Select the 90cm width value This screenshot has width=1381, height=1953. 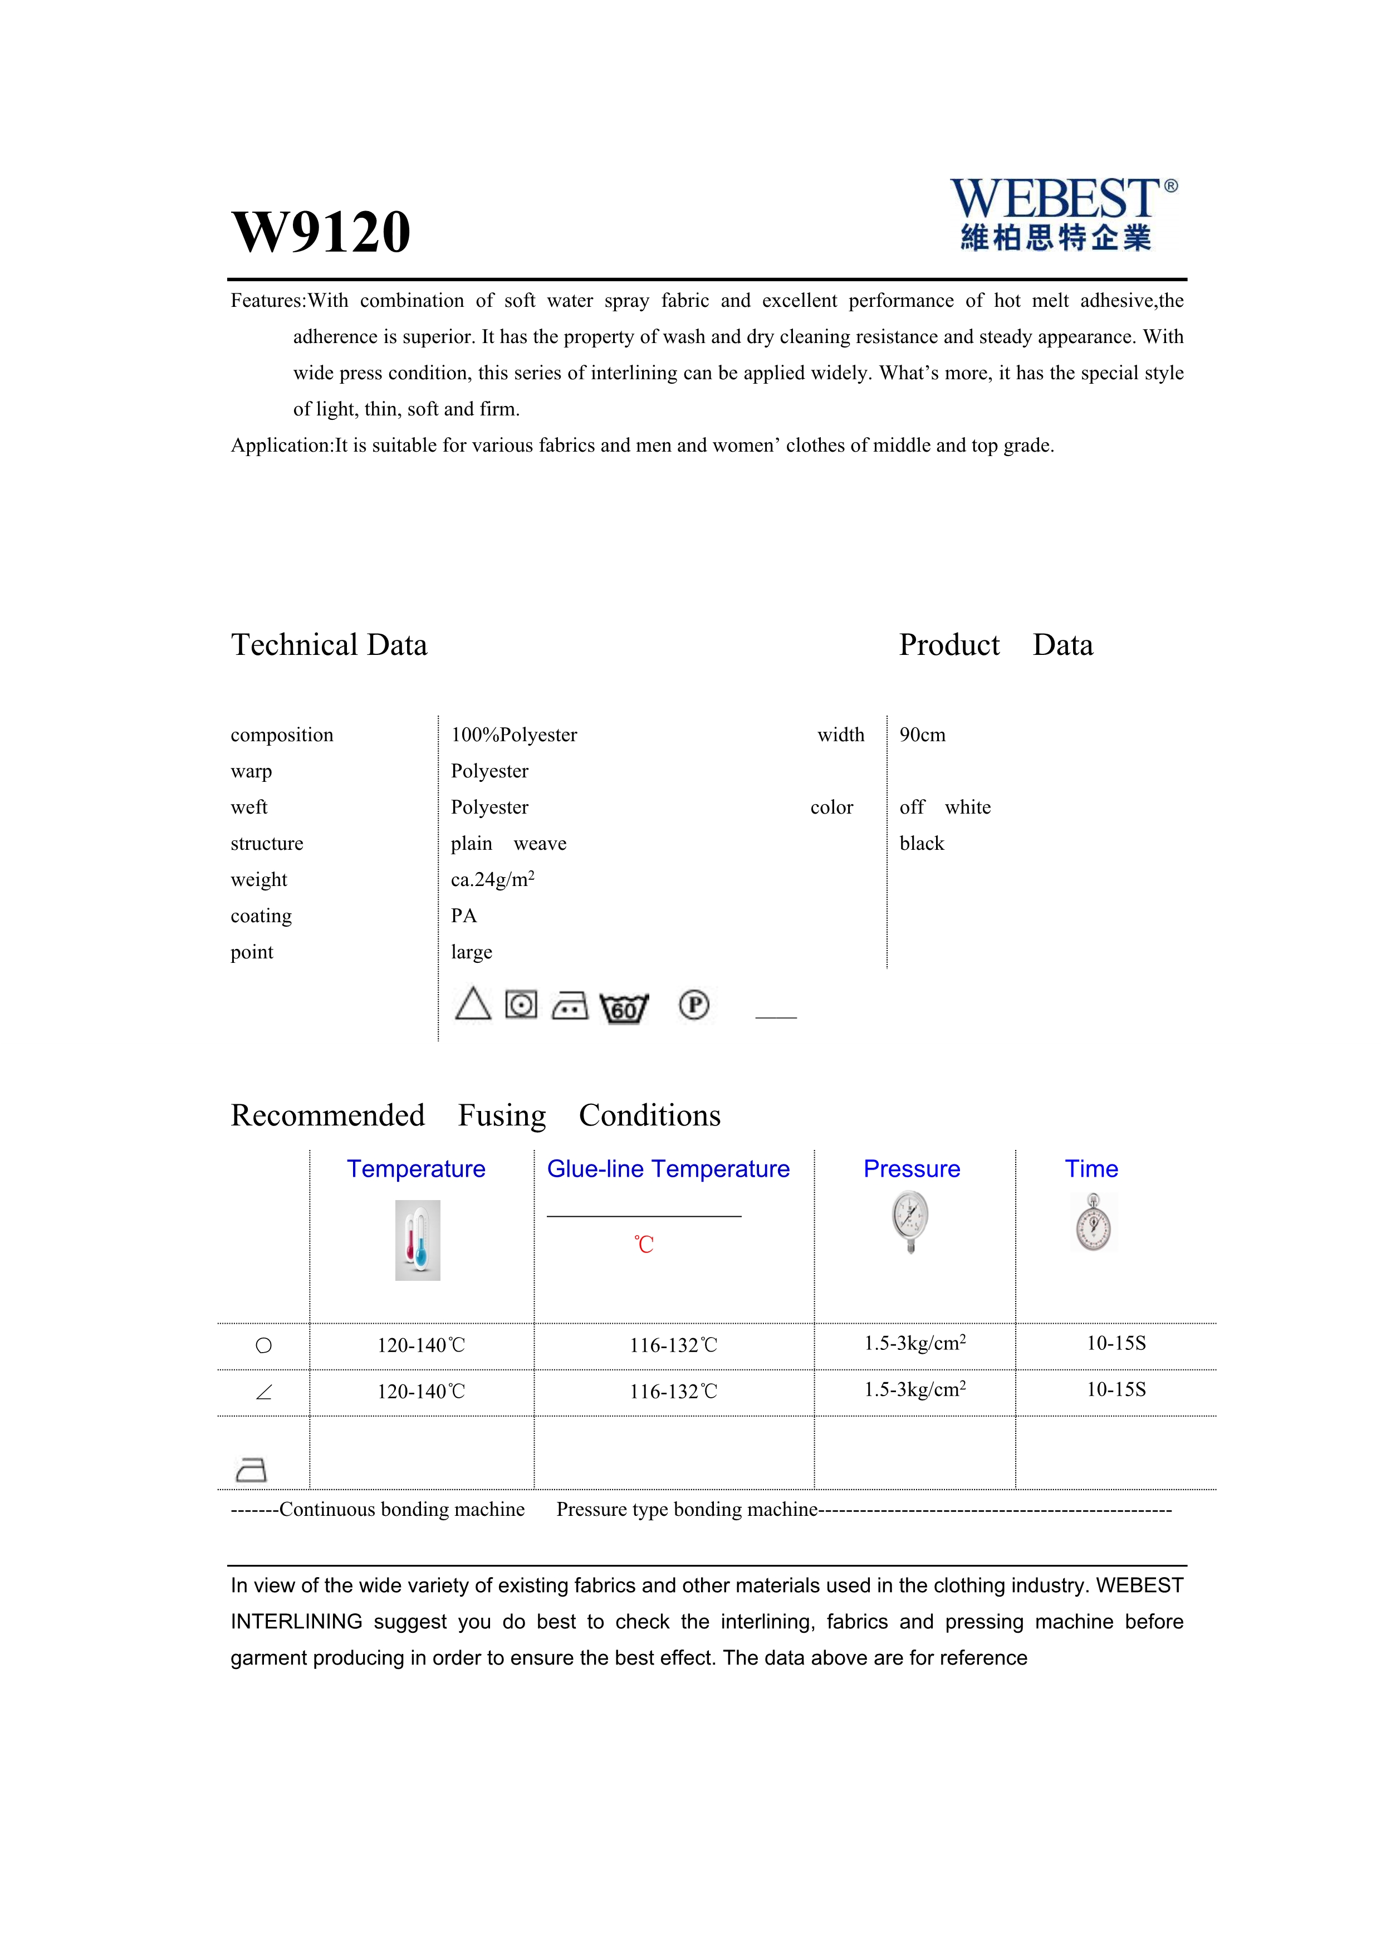[x=922, y=735]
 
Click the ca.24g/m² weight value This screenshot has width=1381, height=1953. [x=492, y=879]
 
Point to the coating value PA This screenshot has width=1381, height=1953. [x=463, y=916]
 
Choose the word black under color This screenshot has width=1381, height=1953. [x=922, y=844]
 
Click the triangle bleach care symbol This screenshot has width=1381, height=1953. [x=473, y=1005]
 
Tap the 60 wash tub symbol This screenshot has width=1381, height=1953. [x=624, y=1008]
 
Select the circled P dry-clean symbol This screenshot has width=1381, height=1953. [x=694, y=1005]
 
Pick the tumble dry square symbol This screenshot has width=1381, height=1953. [x=521, y=1005]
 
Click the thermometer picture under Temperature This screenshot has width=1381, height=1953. [x=418, y=1240]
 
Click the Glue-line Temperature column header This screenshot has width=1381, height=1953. [x=668, y=1169]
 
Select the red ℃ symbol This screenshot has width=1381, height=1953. [x=644, y=1245]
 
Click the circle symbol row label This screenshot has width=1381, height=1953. [x=263, y=1345]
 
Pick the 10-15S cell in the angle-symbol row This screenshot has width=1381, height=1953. [x=1116, y=1390]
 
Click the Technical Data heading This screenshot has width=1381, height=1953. [x=329, y=645]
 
